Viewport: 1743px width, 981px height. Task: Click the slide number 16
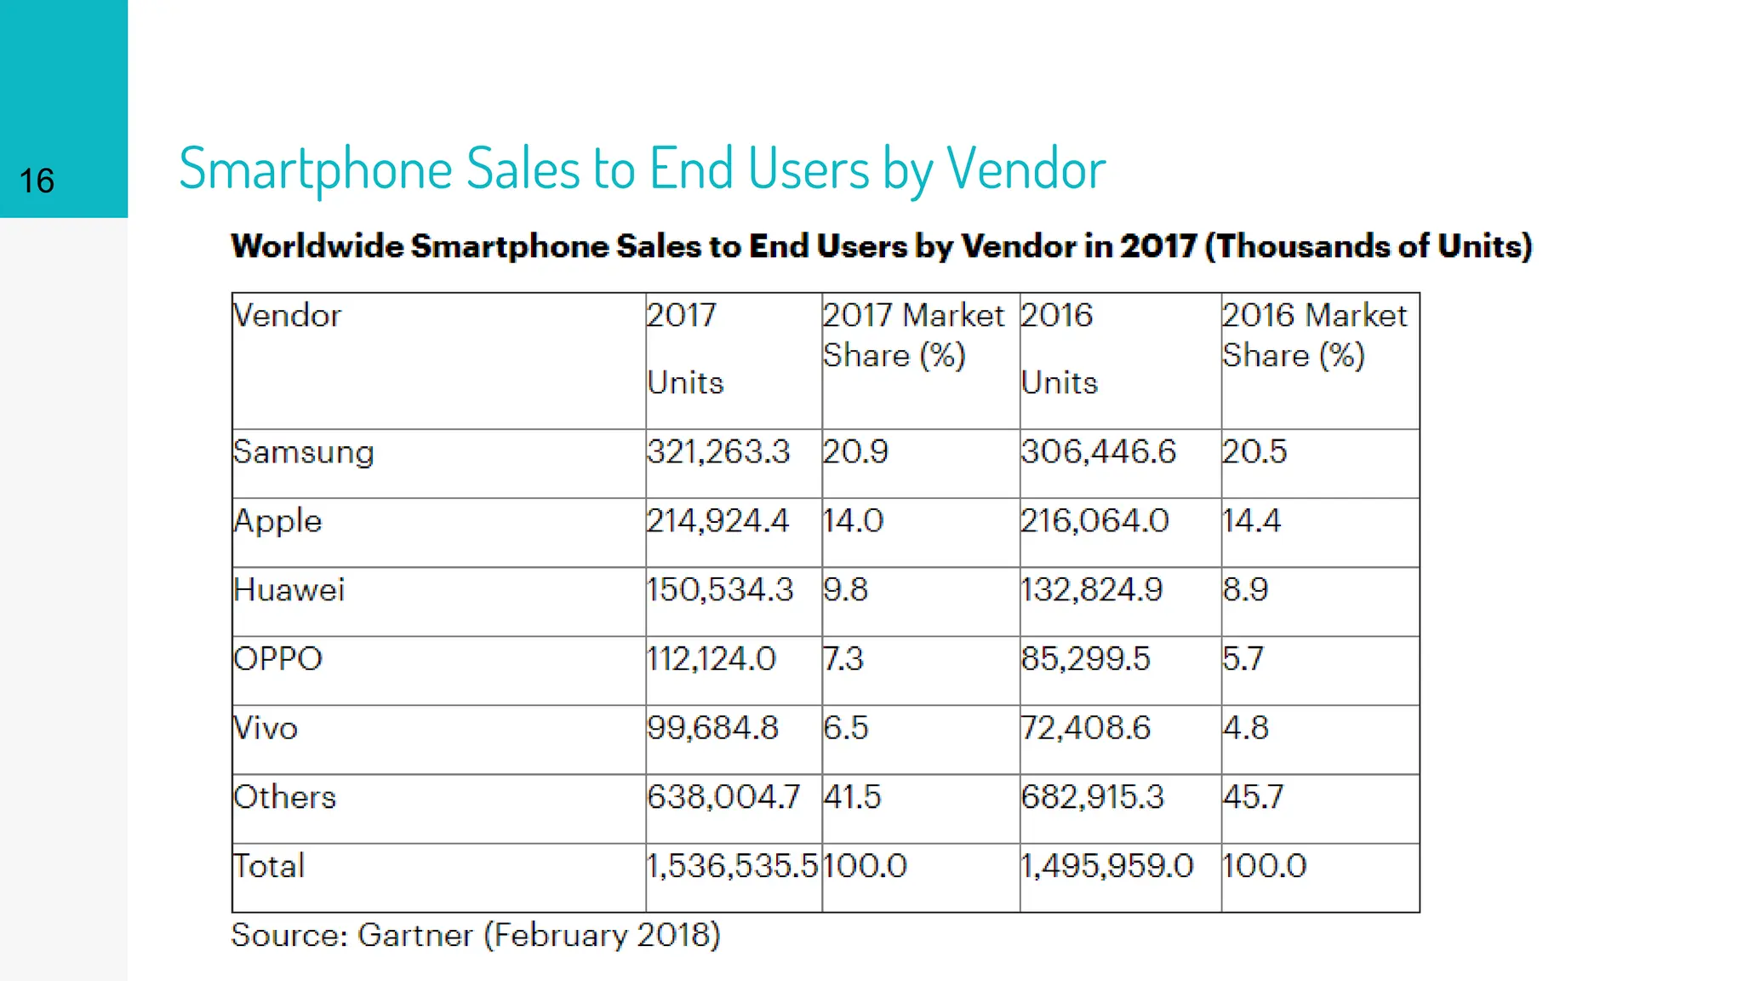[37, 181]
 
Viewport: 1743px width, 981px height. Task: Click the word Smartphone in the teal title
[316, 169]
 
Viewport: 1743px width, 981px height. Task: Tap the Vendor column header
[288, 316]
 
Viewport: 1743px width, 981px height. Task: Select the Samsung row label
[304, 452]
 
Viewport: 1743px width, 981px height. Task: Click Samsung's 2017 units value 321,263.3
[718, 451]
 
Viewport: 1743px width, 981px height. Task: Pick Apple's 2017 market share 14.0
[853, 520]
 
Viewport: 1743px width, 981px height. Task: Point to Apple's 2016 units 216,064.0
[1094, 520]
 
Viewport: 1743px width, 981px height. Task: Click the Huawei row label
[289, 589]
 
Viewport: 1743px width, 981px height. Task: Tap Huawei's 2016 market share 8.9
[1245, 589]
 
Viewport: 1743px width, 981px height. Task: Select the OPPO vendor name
[278, 659]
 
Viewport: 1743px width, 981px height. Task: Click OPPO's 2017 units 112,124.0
[711, 659]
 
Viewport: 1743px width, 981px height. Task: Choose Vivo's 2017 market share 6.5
[845, 728]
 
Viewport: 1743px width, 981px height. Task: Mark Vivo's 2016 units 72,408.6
[1085, 728]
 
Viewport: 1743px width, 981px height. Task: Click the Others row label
[285, 797]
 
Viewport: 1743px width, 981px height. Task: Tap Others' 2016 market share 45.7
[1253, 797]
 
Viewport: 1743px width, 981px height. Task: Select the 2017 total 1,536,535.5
[732, 866]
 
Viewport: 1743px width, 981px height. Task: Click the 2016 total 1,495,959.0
[1106, 866]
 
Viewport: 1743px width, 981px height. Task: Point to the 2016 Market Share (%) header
[1313, 335]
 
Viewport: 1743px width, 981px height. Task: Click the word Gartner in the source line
[414, 935]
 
